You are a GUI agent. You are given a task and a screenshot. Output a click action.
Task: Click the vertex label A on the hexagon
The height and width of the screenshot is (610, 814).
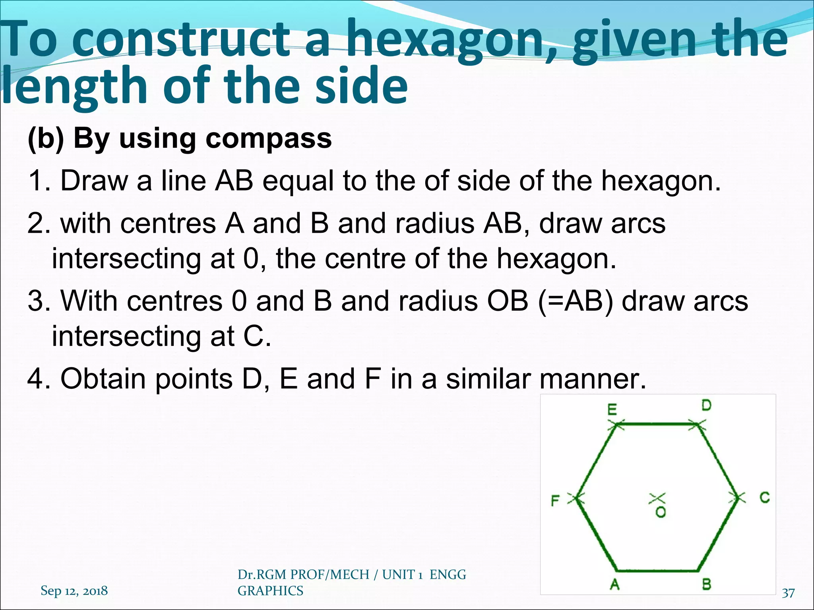(614, 584)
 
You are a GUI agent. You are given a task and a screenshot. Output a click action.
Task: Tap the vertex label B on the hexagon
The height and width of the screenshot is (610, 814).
(706, 584)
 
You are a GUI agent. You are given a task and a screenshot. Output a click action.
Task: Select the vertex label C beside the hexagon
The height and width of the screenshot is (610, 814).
(764, 497)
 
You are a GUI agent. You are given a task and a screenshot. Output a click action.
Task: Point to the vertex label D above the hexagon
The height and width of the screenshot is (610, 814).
(706, 405)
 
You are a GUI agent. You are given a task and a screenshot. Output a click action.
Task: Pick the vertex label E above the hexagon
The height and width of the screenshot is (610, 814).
(612, 409)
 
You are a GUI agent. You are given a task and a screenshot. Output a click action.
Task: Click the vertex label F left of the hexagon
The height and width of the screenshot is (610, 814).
(555, 501)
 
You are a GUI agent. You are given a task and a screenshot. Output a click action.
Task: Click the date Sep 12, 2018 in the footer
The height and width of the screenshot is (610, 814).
(74, 591)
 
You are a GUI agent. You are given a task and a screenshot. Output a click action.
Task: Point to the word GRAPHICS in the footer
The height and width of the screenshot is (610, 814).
(270, 591)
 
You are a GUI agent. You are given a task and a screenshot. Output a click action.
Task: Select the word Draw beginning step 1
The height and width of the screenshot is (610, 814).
(94, 181)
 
